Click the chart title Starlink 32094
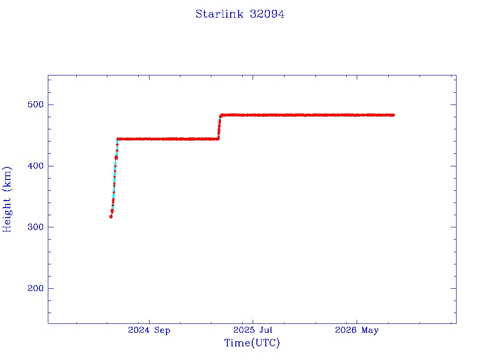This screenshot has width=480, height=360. click(240, 14)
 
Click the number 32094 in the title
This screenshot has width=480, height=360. click(267, 14)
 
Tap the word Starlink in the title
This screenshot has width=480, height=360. click(219, 14)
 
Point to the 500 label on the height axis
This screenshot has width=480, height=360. click(36, 105)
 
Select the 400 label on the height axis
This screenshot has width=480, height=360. click(36, 165)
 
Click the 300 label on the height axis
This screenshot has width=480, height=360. click(36, 227)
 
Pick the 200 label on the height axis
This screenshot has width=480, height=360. click(36, 288)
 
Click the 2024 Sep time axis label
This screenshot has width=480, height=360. click(149, 330)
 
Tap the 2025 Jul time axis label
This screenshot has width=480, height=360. click(253, 330)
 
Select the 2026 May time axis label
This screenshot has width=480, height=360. click(357, 330)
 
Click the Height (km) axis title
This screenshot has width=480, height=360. click(7, 199)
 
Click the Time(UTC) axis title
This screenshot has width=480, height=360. click(252, 343)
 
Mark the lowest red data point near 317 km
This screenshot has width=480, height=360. click(111, 217)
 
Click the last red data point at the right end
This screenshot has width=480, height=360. click(393, 115)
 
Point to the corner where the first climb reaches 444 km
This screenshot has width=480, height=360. click(118, 139)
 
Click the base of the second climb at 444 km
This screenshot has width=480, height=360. click(218, 139)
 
